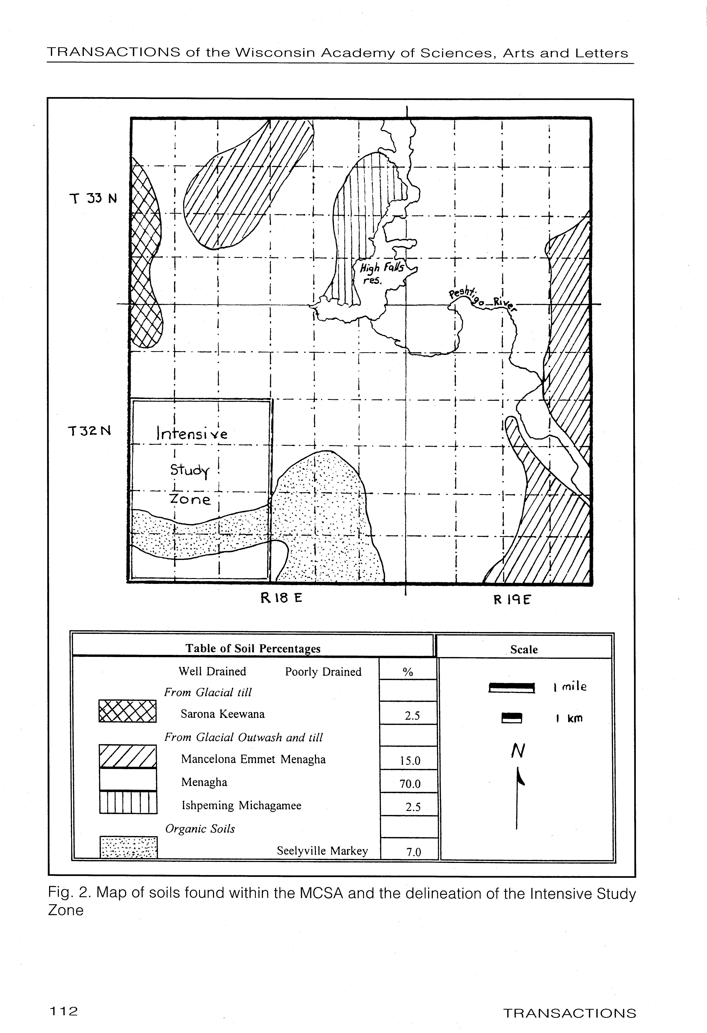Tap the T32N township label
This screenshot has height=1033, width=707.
[89, 431]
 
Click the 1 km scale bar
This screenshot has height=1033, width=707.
[511, 718]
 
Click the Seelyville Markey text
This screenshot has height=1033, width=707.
[322, 851]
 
